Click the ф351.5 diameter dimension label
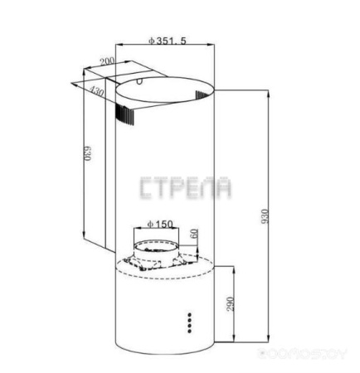[164, 40]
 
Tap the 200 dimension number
[106, 61]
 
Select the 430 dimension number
[98, 93]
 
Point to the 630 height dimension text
[86, 155]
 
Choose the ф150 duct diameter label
[158, 224]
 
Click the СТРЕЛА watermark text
[186, 189]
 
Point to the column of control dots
[190, 321]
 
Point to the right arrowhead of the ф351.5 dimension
[214, 46]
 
